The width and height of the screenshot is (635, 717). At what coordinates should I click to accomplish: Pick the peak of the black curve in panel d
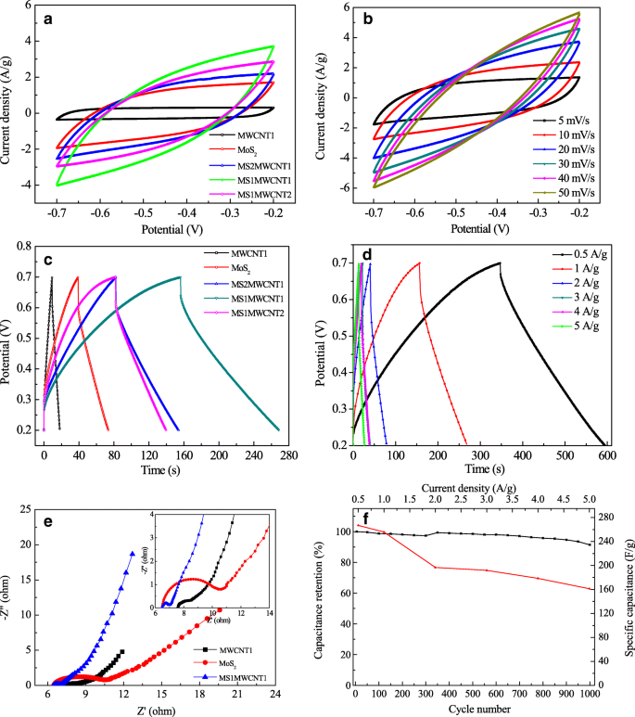500,262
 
